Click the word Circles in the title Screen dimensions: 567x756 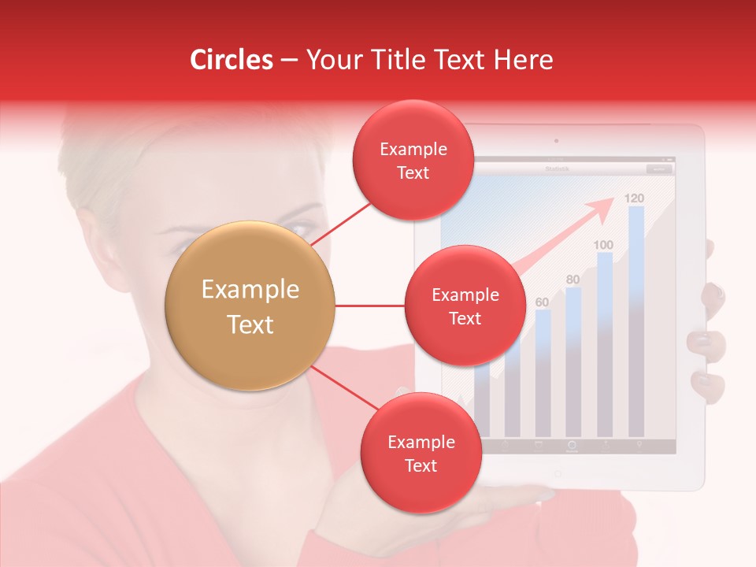[232, 60]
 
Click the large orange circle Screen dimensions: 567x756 [250, 306]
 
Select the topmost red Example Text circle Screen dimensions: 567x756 [413, 160]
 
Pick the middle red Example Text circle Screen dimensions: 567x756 [465, 306]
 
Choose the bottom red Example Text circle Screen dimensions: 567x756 [421, 453]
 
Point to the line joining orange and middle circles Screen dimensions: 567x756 [369, 306]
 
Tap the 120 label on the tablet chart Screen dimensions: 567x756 [634, 198]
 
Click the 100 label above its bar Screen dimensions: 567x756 [603, 245]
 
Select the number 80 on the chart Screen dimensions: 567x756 [573, 280]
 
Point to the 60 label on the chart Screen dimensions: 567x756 [542, 302]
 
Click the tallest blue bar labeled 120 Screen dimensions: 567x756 [636, 315]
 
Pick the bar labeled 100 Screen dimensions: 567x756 [605, 339]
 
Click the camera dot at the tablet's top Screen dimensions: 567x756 [556, 141]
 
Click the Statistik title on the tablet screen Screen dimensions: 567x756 [557, 169]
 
